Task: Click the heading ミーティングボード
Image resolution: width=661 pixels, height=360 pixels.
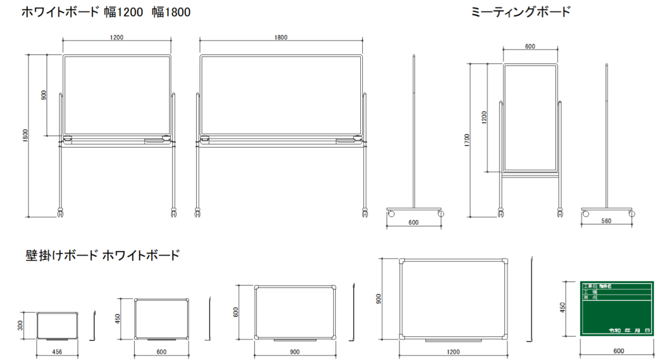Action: (522, 12)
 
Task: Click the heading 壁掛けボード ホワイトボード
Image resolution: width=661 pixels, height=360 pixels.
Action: (102, 255)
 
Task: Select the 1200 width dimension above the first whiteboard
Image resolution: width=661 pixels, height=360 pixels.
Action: (117, 37)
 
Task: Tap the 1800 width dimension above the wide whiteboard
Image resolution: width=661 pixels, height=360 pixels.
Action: (280, 37)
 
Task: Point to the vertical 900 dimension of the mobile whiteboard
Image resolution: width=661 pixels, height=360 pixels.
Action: (43, 95)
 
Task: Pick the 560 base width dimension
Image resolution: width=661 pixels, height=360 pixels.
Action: (606, 221)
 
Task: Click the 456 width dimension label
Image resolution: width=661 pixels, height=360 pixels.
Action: (57, 352)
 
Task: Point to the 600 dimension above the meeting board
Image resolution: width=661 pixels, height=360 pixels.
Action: (530, 46)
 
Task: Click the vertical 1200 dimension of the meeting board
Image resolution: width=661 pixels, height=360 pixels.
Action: (485, 117)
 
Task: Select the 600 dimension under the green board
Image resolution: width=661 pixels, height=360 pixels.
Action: (618, 351)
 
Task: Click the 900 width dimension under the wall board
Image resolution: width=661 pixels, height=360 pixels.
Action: (296, 352)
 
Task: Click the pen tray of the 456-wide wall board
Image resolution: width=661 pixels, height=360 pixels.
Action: (57, 339)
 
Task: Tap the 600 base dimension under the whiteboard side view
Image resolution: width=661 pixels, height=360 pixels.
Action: (414, 223)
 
